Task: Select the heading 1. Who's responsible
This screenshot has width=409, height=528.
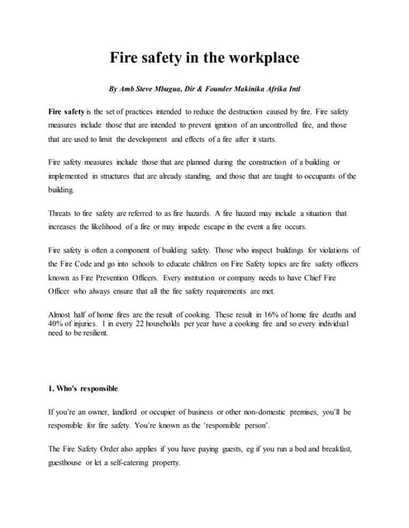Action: point(83,388)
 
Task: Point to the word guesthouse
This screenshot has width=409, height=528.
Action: point(72,462)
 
